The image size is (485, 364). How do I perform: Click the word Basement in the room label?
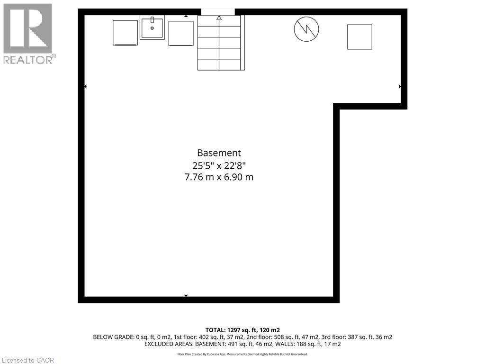(219, 153)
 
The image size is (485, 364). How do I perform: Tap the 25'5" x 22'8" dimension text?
(219, 165)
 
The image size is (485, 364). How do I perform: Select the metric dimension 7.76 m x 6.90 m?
(219, 177)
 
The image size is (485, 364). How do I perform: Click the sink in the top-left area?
(152, 27)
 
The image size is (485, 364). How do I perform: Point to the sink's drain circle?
(152, 28)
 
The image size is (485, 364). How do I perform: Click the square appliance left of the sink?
(125, 33)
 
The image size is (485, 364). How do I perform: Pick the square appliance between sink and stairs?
(181, 34)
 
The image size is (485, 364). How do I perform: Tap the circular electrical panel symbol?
(306, 29)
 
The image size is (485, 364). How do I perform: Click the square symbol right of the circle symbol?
(360, 37)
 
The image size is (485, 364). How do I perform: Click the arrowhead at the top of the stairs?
(219, 18)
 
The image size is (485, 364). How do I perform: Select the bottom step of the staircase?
(219, 64)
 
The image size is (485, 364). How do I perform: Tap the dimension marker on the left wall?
(85, 87)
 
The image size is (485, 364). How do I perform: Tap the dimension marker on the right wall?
(400, 87)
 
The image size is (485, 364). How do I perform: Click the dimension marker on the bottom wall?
(186, 296)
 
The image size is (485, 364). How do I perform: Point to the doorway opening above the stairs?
(218, 12)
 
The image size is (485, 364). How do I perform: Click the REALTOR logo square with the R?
(28, 28)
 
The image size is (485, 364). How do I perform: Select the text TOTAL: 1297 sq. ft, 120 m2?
(242, 330)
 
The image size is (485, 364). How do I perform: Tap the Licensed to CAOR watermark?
(28, 360)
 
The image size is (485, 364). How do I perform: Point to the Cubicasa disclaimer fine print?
(242, 354)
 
